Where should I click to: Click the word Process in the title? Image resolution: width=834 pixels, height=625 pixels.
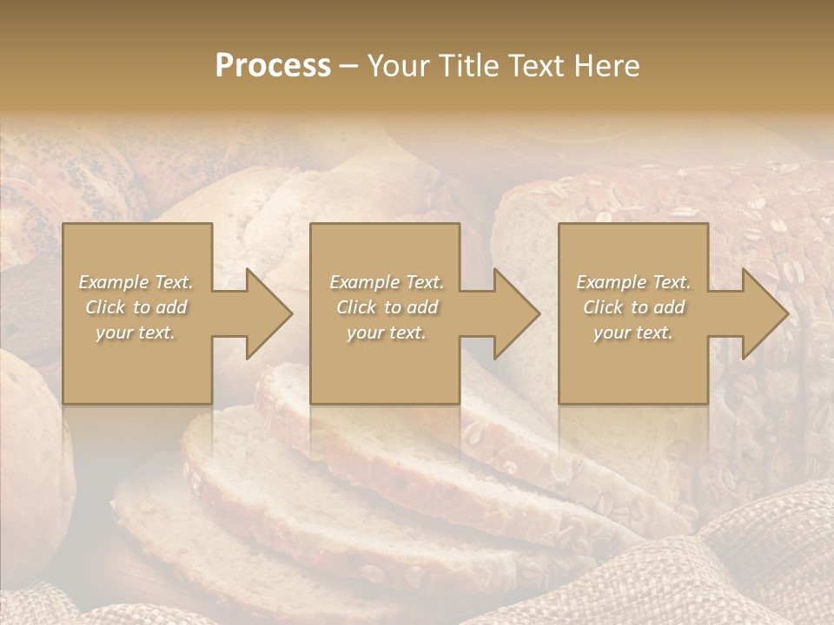273,66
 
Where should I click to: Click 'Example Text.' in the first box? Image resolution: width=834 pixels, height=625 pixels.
136,282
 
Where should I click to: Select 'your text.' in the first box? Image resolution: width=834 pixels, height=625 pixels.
136,332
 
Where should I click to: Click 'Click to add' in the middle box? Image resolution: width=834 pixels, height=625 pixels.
387,307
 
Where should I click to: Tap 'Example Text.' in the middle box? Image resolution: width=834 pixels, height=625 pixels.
387,282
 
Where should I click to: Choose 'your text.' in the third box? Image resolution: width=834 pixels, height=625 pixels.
633,332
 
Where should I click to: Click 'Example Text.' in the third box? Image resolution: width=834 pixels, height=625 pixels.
633,282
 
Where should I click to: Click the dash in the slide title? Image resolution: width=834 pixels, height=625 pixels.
348,67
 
